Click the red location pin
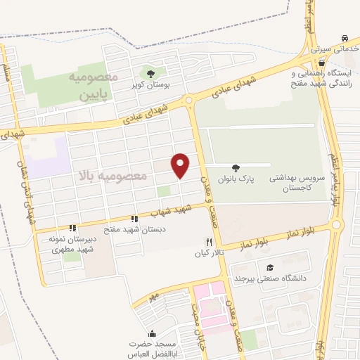181,165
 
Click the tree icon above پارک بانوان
236,169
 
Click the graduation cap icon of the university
270,268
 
